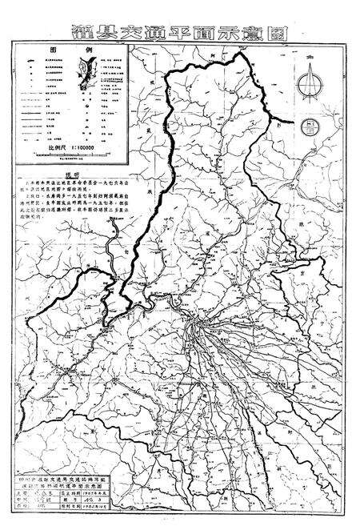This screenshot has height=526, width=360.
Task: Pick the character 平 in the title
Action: point(194,30)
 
